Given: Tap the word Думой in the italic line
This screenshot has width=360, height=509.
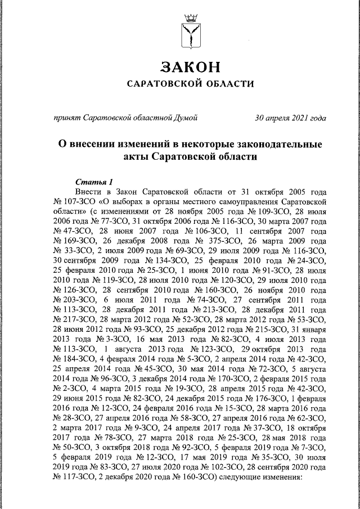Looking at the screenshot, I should tap(184, 118).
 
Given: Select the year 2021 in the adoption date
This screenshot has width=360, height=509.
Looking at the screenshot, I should tap(298, 118).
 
